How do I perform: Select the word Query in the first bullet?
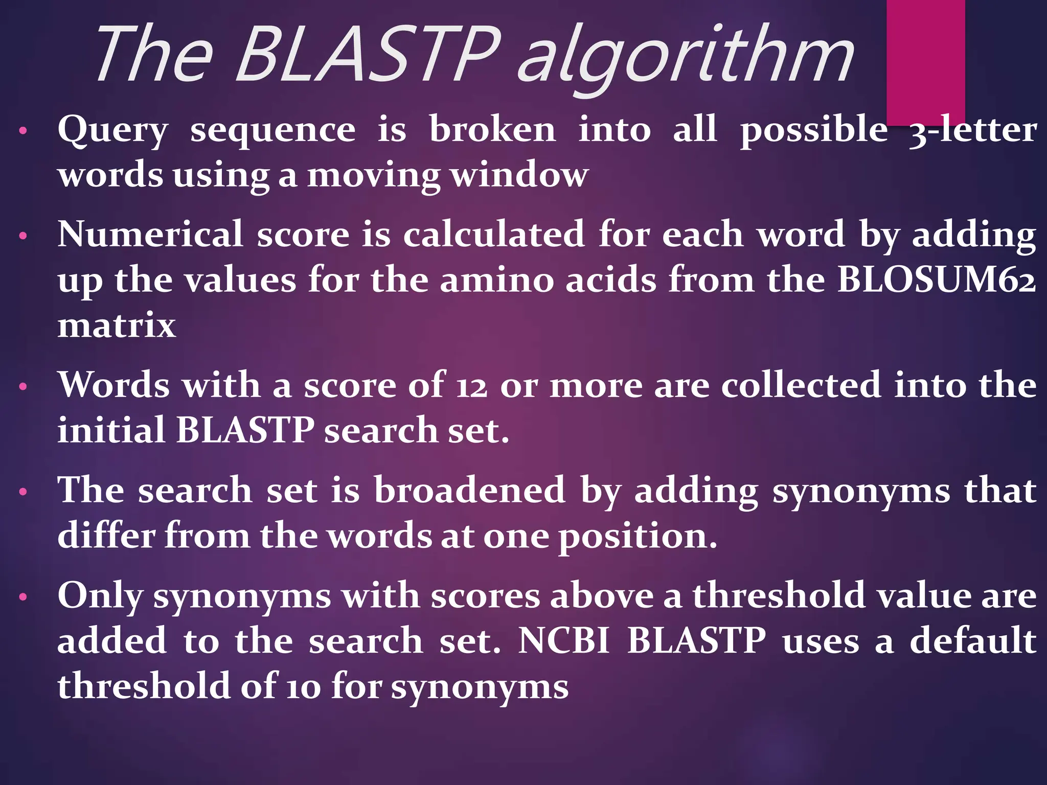(x=112, y=130)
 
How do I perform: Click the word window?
(x=519, y=175)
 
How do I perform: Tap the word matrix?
(x=117, y=325)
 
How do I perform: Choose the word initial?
(x=110, y=430)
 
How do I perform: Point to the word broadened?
(x=469, y=490)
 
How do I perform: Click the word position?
(x=637, y=537)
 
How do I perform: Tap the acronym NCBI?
(x=564, y=640)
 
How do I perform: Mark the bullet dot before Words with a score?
(x=22, y=387)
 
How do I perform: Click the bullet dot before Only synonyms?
(x=22, y=597)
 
